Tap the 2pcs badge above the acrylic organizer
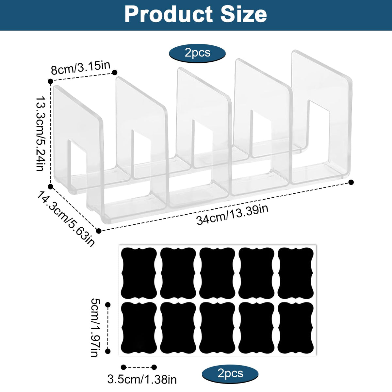pyautogui.click(x=197, y=53)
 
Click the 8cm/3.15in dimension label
pyautogui.click(x=81, y=68)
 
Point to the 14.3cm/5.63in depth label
pyautogui.click(x=66, y=219)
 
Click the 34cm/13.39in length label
pyautogui.click(x=232, y=215)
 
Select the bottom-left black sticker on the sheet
pyautogui.click(x=139, y=328)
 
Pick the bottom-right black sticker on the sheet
pyautogui.click(x=296, y=328)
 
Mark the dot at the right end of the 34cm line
pyautogui.click(x=351, y=182)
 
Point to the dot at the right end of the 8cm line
pyautogui.click(x=115, y=73)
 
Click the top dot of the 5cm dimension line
pyautogui.click(x=108, y=304)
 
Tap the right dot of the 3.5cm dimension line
pyautogui.click(x=154, y=367)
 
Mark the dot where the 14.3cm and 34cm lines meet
pyautogui.click(x=99, y=231)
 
